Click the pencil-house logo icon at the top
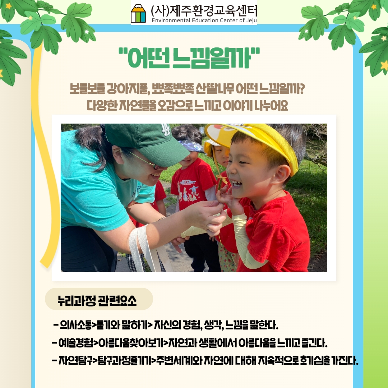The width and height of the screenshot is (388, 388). point(138,13)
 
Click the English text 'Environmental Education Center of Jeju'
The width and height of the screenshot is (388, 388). point(204,20)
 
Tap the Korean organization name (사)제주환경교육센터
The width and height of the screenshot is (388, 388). point(204,10)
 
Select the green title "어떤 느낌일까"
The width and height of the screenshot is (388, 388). point(189,58)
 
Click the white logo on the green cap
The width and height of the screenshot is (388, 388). point(166,130)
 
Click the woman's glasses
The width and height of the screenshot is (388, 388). point(145,160)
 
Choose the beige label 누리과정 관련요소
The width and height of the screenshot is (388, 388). point(99,299)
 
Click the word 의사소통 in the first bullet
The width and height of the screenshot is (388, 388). point(76,325)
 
